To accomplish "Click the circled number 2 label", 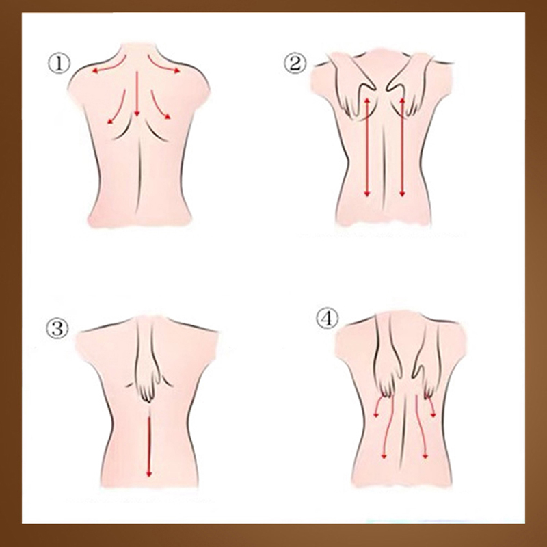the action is tap(296, 64).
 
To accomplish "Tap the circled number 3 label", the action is tap(57, 328).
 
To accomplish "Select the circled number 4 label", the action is tap(328, 319).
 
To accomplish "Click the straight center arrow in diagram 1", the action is tap(137, 94).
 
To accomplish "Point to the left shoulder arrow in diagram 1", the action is tap(109, 66).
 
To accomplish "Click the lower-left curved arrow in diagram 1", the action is tap(119, 107).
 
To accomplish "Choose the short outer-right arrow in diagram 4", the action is tap(432, 405).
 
